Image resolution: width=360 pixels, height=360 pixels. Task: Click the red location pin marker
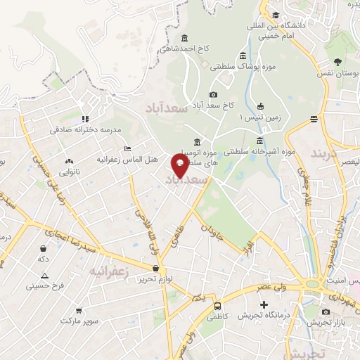click(x=180, y=166)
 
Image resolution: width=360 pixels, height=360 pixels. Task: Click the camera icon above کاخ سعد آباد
click(x=213, y=95)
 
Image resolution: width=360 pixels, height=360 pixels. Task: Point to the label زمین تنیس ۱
click(x=260, y=117)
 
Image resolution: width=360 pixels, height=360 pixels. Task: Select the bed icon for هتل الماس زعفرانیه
click(x=127, y=148)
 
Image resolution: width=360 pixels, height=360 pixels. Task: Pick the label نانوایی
click(x=69, y=171)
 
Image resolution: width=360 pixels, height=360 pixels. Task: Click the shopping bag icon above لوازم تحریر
click(x=155, y=267)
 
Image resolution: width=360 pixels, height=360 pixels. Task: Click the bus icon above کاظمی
click(x=218, y=307)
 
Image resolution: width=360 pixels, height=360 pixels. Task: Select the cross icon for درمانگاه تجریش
click(x=264, y=305)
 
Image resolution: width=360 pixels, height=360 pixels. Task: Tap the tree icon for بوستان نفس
click(x=338, y=61)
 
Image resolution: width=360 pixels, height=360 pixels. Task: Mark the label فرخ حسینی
click(x=45, y=285)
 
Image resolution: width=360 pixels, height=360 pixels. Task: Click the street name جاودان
click(x=211, y=233)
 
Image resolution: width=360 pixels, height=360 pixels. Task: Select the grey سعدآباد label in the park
click(x=163, y=108)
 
